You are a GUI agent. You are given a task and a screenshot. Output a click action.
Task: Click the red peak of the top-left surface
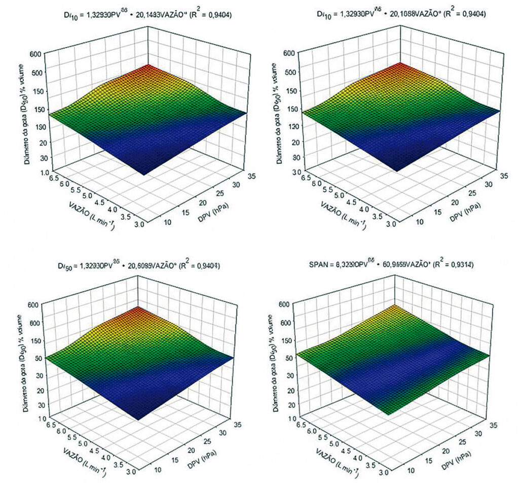coord(148,67)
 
